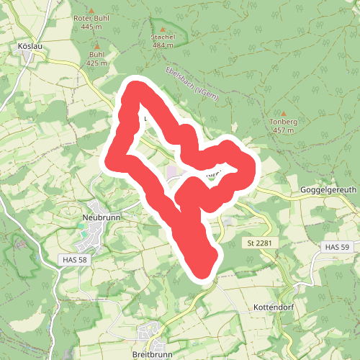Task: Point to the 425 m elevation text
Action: [x=96, y=63]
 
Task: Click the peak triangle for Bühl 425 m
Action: [x=96, y=45]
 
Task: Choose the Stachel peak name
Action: [x=163, y=36]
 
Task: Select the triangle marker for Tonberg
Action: [x=284, y=113]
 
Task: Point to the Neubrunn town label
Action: [x=100, y=215]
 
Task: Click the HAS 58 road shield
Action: [x=73, y=258]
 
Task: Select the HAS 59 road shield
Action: [x=336, y=247]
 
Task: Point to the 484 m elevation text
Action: [x=163, y=45]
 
